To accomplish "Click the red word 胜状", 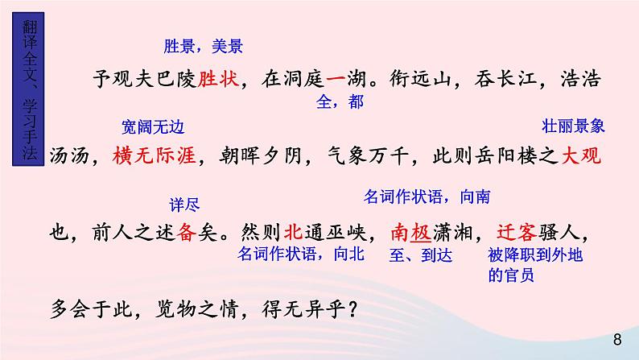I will click(218, 79).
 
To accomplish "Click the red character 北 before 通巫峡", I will click(294, 232).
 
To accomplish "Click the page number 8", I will click(617, 338).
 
